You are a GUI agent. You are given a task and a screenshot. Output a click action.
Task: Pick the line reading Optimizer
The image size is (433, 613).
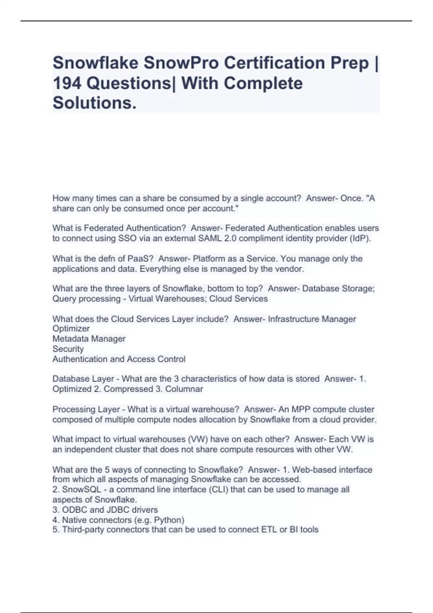(71, 328)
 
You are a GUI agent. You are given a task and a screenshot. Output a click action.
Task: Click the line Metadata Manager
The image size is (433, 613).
(89, 339)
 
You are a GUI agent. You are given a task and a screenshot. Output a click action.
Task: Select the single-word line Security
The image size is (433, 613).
(68, 349)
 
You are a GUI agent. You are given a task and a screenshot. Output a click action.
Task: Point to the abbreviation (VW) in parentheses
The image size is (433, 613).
(197, 439)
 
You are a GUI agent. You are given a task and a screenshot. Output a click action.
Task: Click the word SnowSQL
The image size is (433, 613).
(82, 489)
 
